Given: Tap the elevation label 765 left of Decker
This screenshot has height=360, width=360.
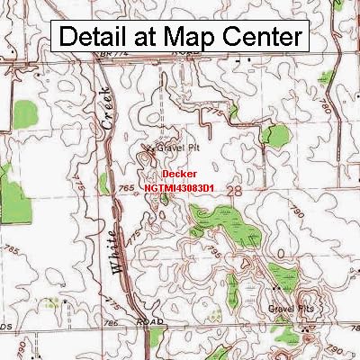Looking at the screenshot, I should pos(127,186).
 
